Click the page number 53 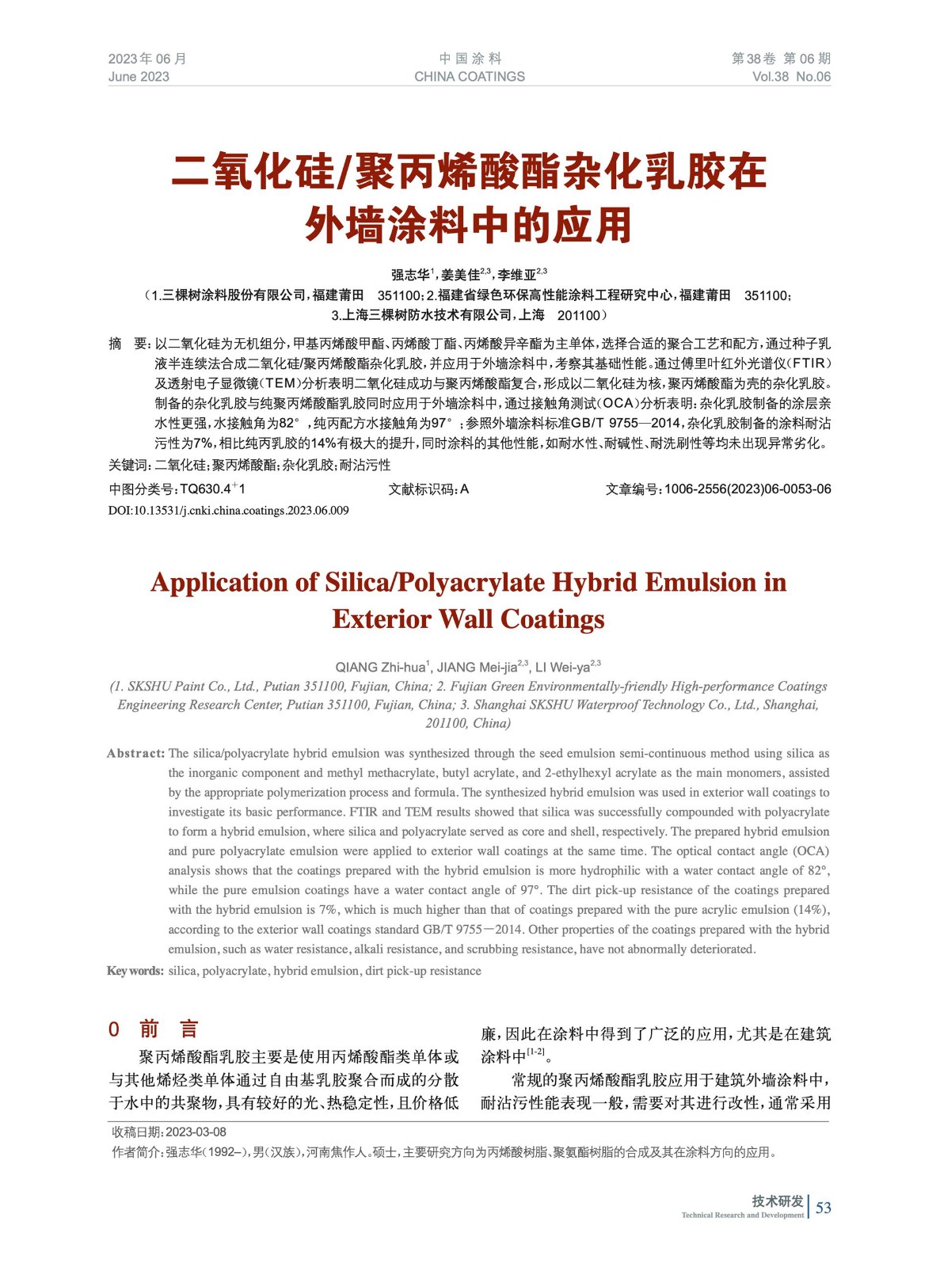tap(824, 1207)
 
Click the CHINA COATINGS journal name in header tap(470, 77)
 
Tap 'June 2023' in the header tap(139, 77)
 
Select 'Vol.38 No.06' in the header tap(791, 77)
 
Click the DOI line tap(228, 511)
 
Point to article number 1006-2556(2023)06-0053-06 tap(748, 489)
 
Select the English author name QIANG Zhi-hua tap(380, 668)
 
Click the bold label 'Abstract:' tap(135, 753)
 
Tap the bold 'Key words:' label tap(135, 971)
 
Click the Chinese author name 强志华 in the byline tap(410, 276)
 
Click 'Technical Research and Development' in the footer tap(742, 1215)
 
